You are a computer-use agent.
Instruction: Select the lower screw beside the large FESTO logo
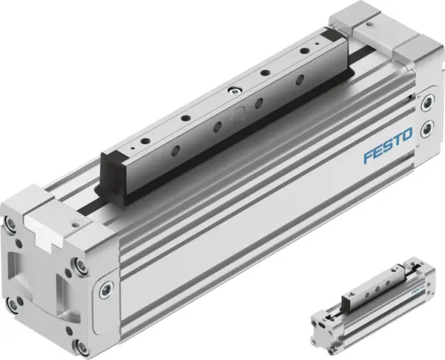click(426, 131)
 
